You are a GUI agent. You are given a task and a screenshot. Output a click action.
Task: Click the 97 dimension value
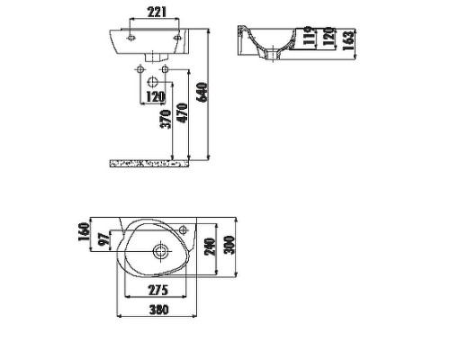(103, 239)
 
